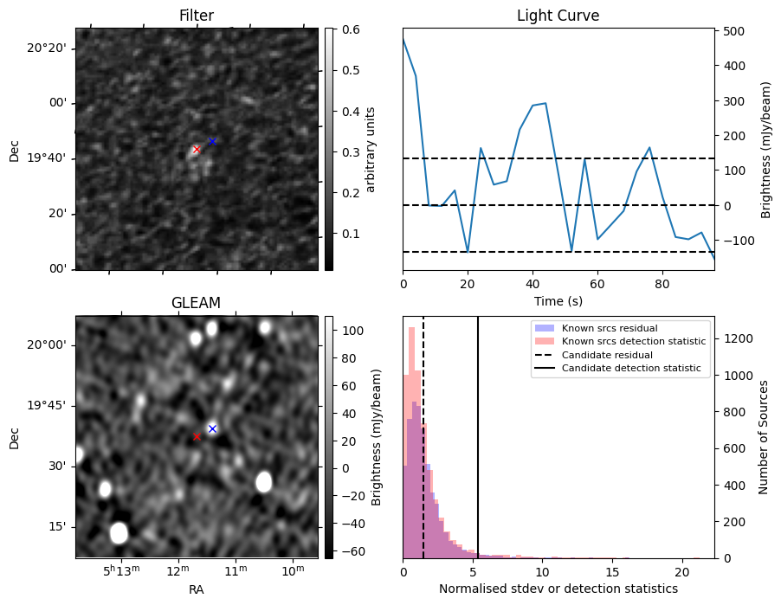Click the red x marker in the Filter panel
[x=197, y=150]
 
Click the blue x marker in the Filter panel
[x=212, y=141]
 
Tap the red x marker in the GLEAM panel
[x=197, y=436]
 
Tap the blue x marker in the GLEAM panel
[x=212, y=428]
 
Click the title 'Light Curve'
[x=558, y=16]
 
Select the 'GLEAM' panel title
[x=197, y=303]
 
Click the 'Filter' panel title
[x=197, y=16]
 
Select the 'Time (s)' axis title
[x=558, y=300]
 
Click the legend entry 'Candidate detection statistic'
[x=633, y=369]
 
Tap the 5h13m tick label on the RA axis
[x=121, y=570]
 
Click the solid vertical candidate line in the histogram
[x=478, y=450]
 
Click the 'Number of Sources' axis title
[x=764, y=437]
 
